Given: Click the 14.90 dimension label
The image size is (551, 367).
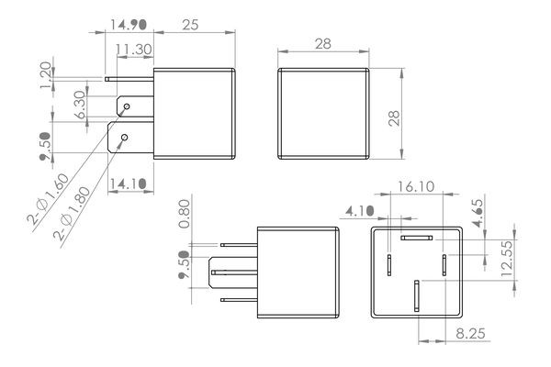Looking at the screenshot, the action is (129, 25).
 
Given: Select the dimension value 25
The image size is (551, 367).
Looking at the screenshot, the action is (190, 25).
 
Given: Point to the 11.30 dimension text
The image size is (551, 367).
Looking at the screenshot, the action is (134, 50).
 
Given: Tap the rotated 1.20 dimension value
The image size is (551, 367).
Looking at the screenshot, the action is (46, 75).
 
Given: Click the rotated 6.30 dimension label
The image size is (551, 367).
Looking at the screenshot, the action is (80, 105).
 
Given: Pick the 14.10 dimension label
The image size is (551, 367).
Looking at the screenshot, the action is (128, 183).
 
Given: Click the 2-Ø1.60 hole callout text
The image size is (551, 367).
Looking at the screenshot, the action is (48, 199).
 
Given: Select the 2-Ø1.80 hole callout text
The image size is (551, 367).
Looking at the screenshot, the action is (72, 213).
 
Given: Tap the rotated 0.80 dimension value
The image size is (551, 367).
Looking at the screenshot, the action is (185, 214).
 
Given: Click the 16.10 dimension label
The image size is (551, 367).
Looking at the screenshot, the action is (416, 186).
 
